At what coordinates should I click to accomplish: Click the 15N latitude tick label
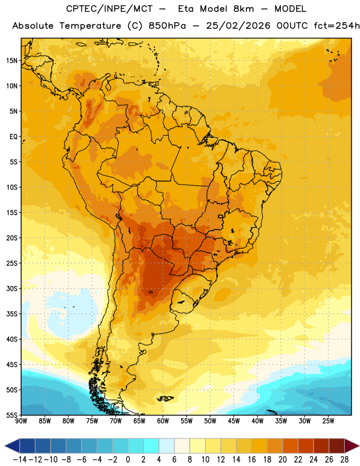point(12,61)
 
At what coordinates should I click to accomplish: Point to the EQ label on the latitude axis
point(13,137)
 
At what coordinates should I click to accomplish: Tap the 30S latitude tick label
point(12,288)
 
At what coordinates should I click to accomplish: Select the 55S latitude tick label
point(12,415)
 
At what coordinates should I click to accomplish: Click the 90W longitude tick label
point(21,421)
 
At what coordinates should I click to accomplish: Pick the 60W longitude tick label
point(163,421)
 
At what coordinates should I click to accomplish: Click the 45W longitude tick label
point(234,421)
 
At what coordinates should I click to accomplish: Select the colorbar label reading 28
point(344,460)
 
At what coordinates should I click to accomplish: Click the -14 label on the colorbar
point(20,460)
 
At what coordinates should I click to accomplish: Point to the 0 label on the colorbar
point(128,460)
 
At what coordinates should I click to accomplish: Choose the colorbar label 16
point(252,460)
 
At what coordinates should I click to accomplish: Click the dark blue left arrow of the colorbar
point(12,446)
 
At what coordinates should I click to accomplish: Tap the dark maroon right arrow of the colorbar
point(352,446)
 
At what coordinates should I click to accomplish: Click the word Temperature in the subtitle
point(90,26)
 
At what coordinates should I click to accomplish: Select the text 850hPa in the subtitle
point(167,26)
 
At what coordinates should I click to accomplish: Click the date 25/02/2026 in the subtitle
point(238,26)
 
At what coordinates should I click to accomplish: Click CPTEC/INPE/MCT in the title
point(110,9)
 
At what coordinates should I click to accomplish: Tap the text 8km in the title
point(243,9)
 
